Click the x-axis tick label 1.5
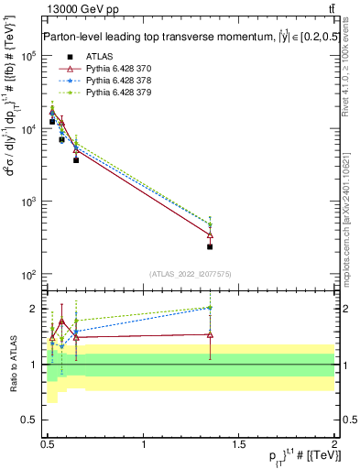tap(240, 443)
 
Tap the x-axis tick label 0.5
tap(49, 443)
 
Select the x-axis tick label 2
tap(334, 443)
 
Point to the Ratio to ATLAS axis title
tap(12, 365)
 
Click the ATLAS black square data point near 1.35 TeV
tap(210, 246)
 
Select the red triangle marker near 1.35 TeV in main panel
tap(210, 235)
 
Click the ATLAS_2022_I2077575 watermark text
tap(189, 274)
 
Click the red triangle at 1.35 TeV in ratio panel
tap(210, 334)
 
